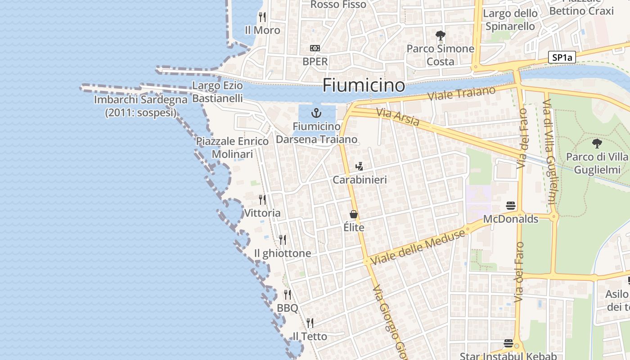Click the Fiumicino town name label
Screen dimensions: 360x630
[x=364, y=85]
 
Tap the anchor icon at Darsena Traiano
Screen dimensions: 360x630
[x=316, y=112]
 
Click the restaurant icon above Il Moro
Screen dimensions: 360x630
[x=262, y=17]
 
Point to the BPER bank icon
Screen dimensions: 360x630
[x=315, y=48]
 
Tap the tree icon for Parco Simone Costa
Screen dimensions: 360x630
[x=441, y=35]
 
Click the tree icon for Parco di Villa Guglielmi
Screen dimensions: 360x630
[x=597, y=144]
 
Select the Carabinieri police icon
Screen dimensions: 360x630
[x=359, y=166]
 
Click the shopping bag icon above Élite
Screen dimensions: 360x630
[x=354, y=214]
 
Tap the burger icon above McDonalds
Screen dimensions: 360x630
[x=510, y=206]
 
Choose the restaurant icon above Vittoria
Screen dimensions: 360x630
[x=262, y=199]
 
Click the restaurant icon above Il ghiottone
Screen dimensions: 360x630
[x=283, y=239]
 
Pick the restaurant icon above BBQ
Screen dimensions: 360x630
[x=288, y=295]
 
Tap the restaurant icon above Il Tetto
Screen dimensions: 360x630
[x=310, y=323]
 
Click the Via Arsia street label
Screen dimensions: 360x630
[x=398, y=118]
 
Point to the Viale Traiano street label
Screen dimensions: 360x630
[x=461, y=94]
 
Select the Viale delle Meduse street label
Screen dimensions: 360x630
[x=418, y=247]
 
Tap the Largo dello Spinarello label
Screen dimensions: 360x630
[x=510, y=20]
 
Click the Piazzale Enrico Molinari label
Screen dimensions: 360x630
[x=232, y=148]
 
